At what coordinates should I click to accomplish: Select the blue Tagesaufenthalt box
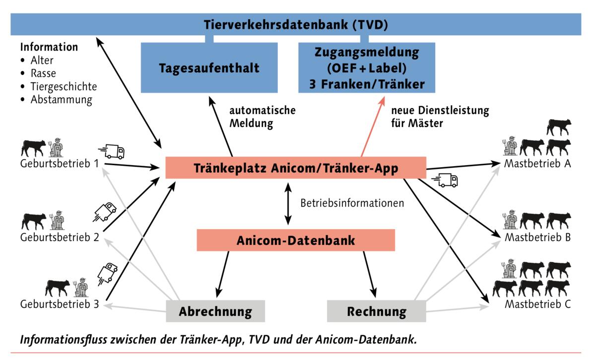tap(209, 68)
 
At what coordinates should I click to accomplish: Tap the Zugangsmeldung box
tap(366, 68)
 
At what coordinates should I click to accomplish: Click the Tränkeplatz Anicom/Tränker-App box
tap(296, 168)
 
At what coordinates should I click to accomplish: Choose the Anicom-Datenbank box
tap(296, 240)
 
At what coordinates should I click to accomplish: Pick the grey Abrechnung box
tap(215, 311)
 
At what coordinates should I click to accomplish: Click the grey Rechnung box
tap(377, 311)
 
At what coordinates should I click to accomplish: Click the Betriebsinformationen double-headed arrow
tap(287, 203)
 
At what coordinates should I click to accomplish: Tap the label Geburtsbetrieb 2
tap(59, 237)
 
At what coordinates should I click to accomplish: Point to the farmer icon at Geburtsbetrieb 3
tap(81, 288)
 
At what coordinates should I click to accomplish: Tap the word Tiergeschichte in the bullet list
tap(64, 87)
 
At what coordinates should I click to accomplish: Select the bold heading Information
tap(49, 48)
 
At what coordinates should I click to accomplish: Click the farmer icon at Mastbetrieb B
tap(510, 221)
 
